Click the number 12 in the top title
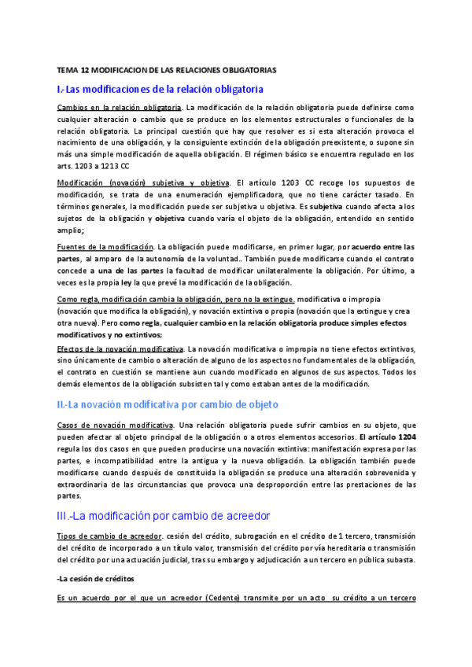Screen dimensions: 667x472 [88, 71]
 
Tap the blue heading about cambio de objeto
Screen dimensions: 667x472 [168, 404]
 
